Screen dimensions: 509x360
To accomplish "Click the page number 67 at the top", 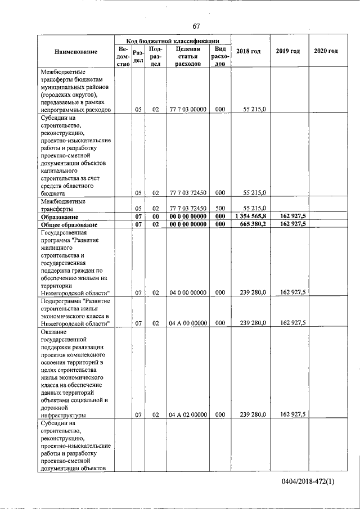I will (x=196, y=26).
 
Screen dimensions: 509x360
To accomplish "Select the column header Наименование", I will (x=76, y=52).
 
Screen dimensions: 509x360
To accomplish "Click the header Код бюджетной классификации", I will (x=172, y=40).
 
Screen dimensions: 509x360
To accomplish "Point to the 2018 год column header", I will (x=248, y=52).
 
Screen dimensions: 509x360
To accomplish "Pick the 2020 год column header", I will (x=326, y=52).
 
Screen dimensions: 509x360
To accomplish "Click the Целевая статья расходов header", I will (x=188, y=56).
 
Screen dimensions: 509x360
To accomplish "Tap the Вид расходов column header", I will (x=220, y=56).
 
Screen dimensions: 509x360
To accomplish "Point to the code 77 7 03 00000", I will (x=188, y=110).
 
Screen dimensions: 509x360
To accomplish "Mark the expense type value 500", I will (x=220, y=208).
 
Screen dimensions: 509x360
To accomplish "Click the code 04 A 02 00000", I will (x=188, y=415).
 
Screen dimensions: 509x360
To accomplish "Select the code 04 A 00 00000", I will (x=188, y=323).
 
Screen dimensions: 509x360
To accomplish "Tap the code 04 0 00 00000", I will (x=188, y=292).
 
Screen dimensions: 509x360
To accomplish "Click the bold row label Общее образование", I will (x=68, y=224).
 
